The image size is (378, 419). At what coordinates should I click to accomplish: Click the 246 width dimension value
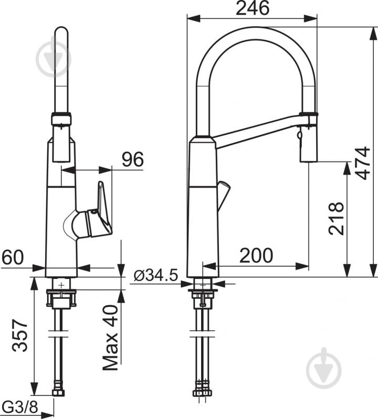[253, 8]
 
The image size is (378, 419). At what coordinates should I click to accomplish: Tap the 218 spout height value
[336, 218]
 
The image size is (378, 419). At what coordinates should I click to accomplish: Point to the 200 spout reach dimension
[256, 255]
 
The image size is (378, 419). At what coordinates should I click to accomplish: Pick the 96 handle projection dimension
[132, 159]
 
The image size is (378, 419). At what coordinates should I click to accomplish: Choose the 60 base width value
[13, 257]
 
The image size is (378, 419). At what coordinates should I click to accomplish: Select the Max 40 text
[110, 338]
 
